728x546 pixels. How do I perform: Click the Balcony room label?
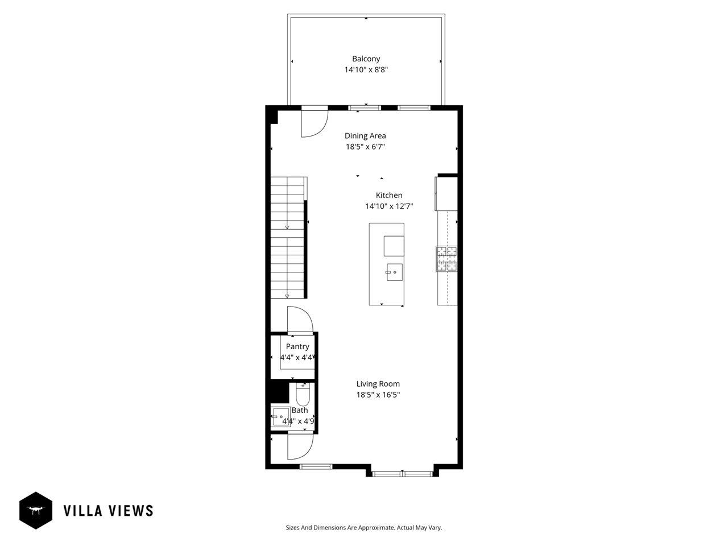[x=366, y=59]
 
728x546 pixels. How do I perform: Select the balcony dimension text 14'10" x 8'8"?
[x=366, y=70]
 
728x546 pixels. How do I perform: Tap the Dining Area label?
[x=365, y=135]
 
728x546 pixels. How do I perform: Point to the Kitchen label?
[x=389, y=195]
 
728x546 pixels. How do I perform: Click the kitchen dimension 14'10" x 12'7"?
[x=389, y=206]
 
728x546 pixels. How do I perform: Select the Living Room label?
[x=378, y=384]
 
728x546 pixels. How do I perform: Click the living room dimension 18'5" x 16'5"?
[x=378, y=395]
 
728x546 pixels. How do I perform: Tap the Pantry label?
[x=297, y=346]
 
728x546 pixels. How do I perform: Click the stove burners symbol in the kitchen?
[x=446, y=258]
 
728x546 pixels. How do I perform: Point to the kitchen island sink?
[x=394, y=272]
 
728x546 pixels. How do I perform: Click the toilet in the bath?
[x=303, y=394]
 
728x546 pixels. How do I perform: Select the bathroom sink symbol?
[x=280, y=417]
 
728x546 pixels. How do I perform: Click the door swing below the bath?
[x=299, y=445]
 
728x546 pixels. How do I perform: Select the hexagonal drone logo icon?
[x=36, y=510]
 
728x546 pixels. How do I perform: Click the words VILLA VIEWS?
[x=108, y=511]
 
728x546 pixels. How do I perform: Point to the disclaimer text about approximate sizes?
[x=363, y=528]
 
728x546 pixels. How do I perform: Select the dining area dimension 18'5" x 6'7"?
[x=365, y=147]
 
